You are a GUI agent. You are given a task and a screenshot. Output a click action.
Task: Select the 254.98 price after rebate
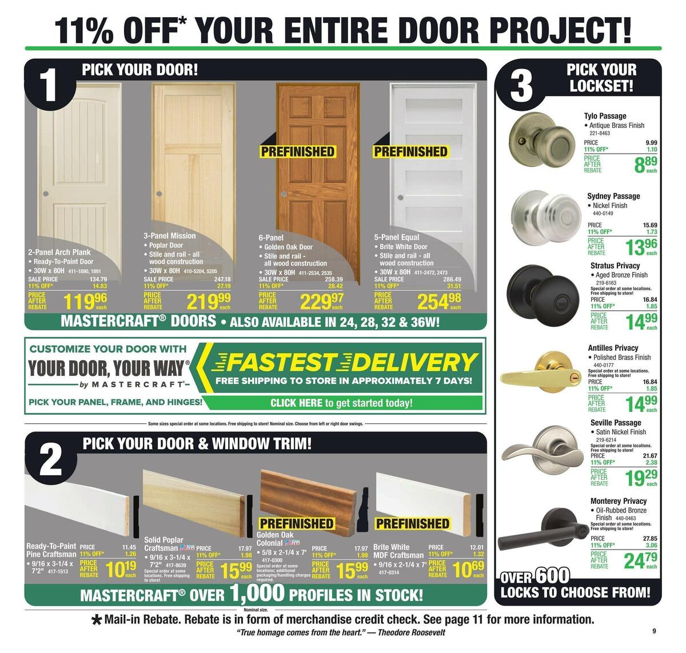[439, 301]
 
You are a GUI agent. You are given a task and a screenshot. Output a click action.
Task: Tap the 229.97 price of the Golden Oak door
[323, 301]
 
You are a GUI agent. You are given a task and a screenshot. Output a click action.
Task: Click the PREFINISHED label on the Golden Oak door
[297, 152]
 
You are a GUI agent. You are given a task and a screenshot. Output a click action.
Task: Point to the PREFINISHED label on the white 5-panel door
[410, 152]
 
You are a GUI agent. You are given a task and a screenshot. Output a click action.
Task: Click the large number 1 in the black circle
[50, 87]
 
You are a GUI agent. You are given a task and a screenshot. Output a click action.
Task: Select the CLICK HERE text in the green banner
[296, 403]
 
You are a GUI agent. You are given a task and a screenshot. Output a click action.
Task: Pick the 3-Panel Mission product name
[169, 235]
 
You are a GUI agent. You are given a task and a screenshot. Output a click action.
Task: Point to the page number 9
[653, 631]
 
